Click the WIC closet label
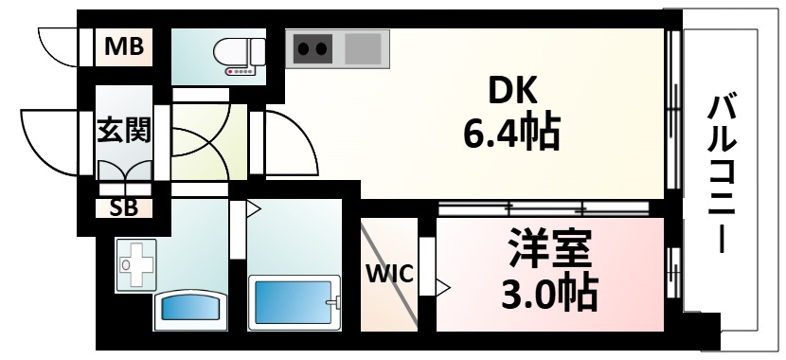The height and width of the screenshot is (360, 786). (x=389, y=275)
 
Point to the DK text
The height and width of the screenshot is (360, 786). (x=511, y=92)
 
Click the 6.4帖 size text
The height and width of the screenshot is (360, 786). (x=511, y=134)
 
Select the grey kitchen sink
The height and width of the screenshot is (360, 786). (x=365, y=47)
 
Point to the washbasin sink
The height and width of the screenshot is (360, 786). (x=189, y=307)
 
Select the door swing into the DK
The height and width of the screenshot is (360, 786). (x=289, y=142)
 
